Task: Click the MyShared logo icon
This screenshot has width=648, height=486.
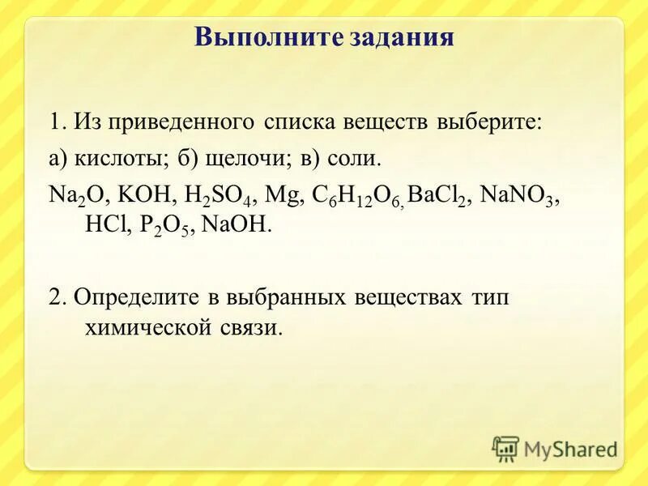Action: [x=505, y=449]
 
